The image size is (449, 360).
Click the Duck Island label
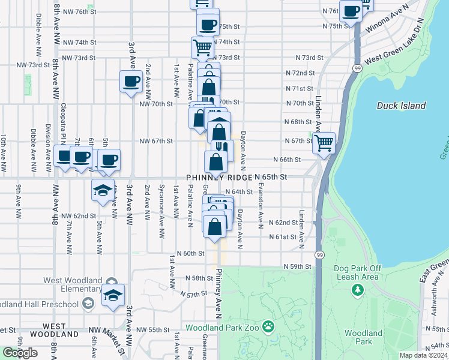click(x=402, y=106)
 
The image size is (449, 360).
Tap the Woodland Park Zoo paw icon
click(x=268, y=328)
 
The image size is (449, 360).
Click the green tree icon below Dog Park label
click(x=358, y=290)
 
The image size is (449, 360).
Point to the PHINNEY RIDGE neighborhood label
click(x=219, y=178)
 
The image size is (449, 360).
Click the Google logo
click(x=20, y=353)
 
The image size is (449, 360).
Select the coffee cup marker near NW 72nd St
click(x=131, y=82)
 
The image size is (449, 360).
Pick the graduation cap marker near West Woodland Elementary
click(x=113, y=296)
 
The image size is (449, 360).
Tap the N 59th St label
click(x=298, y=266)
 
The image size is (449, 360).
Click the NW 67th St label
click(x=156, y=141)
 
